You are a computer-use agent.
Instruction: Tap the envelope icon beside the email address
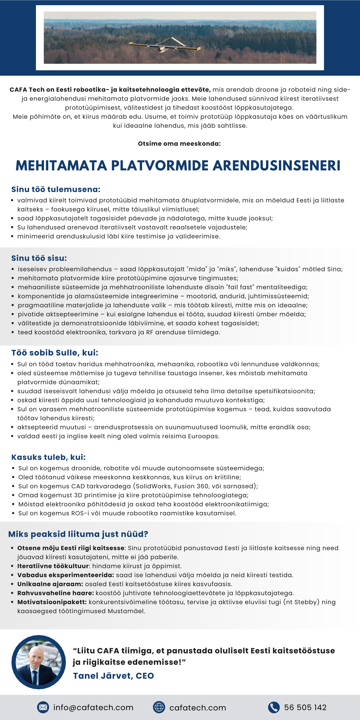[43, 707]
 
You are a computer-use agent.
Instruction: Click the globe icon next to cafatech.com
[159, 707]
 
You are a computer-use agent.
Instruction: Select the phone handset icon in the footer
[274, 707]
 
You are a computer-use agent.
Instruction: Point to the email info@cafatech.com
[93, 708]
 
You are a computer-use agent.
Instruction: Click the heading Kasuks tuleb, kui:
[48, 457]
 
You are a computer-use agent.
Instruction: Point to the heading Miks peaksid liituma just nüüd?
[78, 534]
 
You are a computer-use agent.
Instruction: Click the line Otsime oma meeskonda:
[179, 144]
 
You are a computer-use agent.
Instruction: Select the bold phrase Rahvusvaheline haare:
[56, 593]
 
